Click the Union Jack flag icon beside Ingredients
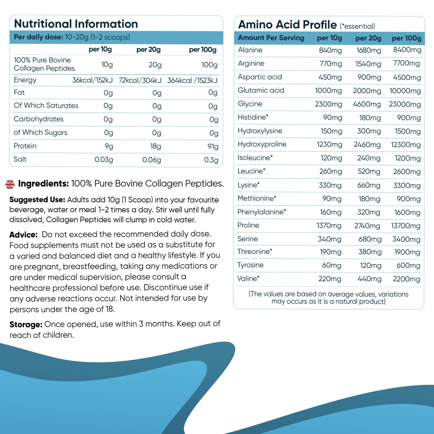tap(10, 184)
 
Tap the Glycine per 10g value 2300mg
tap(328, 104)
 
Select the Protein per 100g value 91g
tap(213, 146)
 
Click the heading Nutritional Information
tap(76, 24)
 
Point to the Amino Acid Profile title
tap(287, 25)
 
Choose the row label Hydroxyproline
tap(262, 144)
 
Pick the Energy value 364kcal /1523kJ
tap(192, 80)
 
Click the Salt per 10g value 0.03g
tap(104, 160)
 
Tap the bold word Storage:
tap(26, 324)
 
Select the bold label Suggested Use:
tap(37, 200)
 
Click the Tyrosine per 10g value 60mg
tap(332, 265)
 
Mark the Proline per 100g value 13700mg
tap(406, 226)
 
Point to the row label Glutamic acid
tap(261, 90)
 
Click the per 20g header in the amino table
tap(368, 38)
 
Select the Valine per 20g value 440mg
tap(369, 279)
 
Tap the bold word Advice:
tap(23, 234)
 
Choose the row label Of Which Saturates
tap(46, 106)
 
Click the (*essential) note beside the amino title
tap(357, 26)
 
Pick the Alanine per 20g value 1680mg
tap(369, 50)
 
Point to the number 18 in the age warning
tap(109, 309)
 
